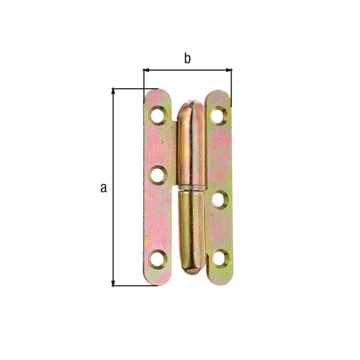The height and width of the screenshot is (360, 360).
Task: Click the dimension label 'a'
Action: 104,188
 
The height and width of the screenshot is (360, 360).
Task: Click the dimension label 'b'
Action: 187,59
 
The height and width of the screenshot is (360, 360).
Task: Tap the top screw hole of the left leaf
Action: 158,115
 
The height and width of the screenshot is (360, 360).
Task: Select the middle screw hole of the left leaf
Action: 158,175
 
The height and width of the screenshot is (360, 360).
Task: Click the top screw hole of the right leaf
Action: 219,114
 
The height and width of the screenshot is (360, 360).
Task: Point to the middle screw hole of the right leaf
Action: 220,199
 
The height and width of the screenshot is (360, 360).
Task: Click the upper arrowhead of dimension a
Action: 113,91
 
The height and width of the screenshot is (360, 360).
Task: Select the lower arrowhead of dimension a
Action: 113,283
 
